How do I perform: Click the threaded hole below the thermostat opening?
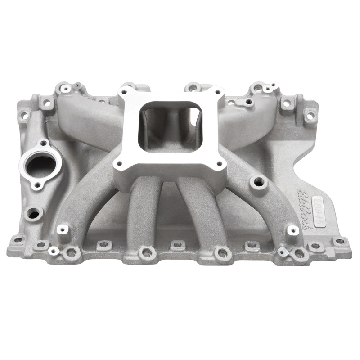tap(34, 212)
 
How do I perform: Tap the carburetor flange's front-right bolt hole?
tap(219, 164)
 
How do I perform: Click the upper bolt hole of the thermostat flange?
tap(44, 144)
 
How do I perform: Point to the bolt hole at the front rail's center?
tap(177, 245)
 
